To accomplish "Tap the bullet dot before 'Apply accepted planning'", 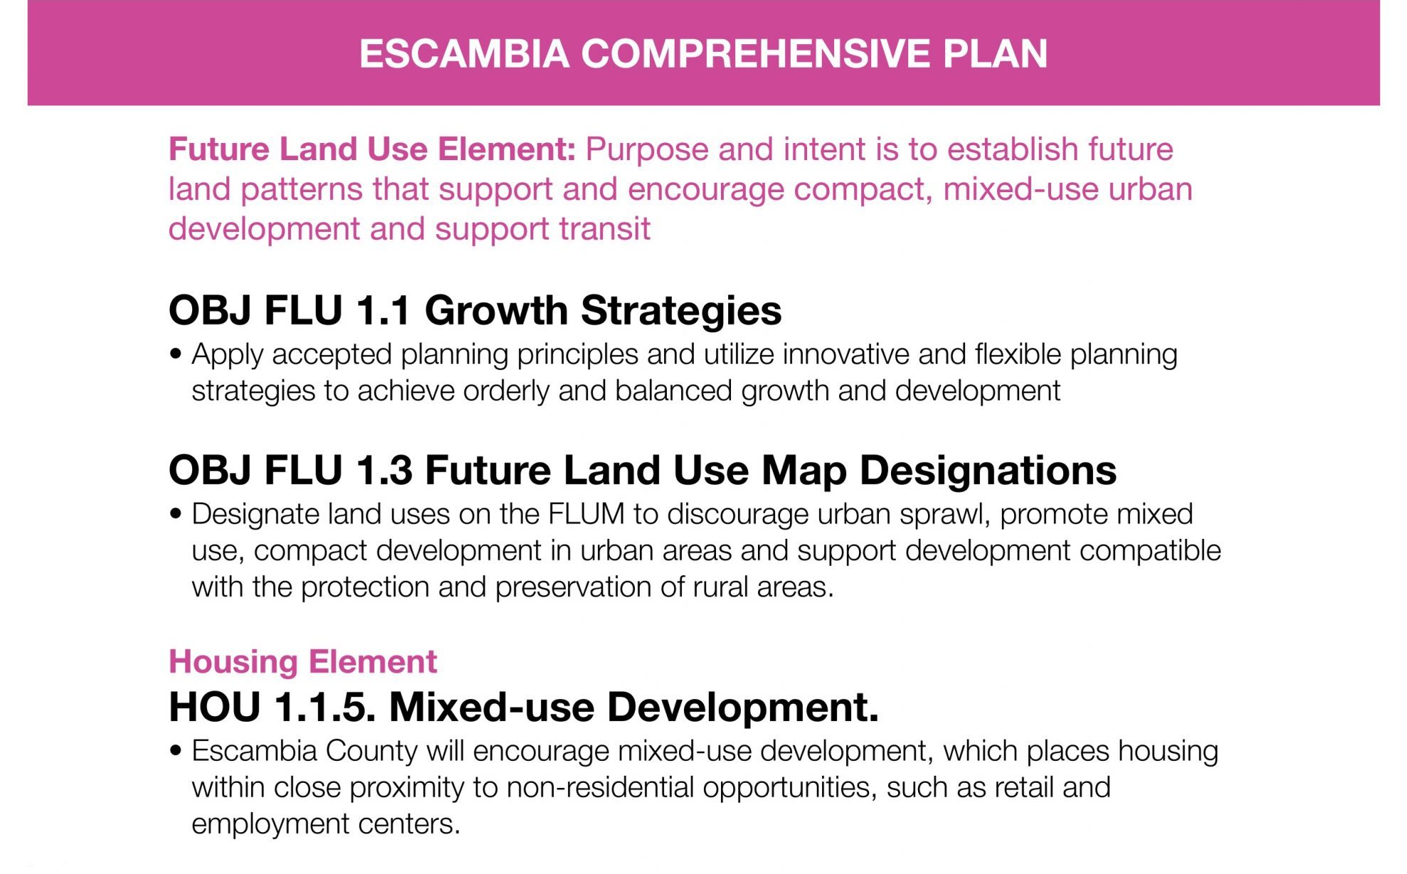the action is click(x=176, y=354).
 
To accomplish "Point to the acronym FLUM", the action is click(x=586, y=514).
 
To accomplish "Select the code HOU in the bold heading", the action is click(x=215, y=707).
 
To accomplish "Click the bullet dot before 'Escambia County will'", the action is click(x=176, y=750).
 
